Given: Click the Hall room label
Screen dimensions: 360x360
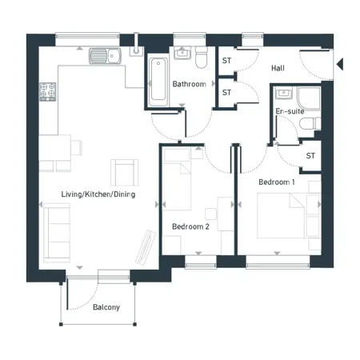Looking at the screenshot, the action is [x=278, y=68].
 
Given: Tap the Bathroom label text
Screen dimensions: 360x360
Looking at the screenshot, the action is [x=190, y=84].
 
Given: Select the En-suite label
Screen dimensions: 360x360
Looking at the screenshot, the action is [x=290, y=111].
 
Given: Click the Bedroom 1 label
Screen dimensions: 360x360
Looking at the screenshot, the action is [x=277, y=182].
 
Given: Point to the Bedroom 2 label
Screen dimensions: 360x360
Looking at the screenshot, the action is [x=190, y=226].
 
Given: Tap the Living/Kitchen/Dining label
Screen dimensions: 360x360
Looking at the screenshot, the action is [x=98, y=194].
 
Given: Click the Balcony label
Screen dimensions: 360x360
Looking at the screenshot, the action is [x=106, y=307].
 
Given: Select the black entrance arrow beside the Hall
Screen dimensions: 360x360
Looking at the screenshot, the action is [x=340, y=64].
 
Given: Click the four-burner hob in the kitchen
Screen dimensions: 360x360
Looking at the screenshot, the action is [x=48, y=92].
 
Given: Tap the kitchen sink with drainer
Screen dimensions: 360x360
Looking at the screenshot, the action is [x=105, y=56].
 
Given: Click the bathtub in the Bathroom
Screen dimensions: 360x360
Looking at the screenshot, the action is [x=158, y=82].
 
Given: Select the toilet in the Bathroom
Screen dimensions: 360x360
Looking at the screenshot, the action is [x=202, y=57].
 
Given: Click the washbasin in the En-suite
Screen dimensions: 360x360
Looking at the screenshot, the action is [x=284, y=93].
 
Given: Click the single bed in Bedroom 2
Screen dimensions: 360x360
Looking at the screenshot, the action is [x=178, y=179].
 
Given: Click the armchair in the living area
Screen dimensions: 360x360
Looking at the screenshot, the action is [x=124, y=173].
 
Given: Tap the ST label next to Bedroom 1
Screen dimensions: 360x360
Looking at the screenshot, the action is [x=310, y=155].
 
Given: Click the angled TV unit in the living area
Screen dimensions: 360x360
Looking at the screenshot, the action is [x=146, y=247].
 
